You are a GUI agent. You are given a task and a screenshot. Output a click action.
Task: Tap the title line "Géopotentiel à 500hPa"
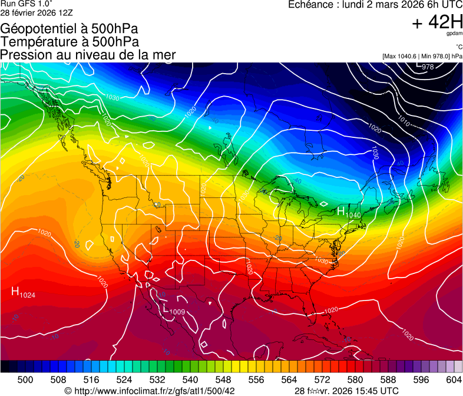(x=70, y=29)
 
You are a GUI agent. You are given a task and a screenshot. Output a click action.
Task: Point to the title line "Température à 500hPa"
(x=70, y=42)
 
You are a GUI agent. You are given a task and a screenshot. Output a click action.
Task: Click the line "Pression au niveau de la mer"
(x=88, y=55)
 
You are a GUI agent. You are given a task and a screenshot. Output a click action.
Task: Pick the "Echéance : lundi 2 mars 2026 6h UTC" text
(x=375, y=5)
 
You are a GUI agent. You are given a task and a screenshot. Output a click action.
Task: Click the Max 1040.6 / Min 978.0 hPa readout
(x=422, y=56)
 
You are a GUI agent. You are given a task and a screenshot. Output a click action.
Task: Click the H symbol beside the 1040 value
(x=340, y=211)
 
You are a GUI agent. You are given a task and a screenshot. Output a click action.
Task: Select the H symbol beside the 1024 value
(x=15, y=291)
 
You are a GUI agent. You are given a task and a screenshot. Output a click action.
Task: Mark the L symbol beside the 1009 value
(x=164, y=308)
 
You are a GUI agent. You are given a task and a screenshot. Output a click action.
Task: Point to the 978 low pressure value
(x=428, y=67)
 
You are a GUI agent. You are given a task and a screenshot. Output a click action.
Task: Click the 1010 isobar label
(x=404, y=122)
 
